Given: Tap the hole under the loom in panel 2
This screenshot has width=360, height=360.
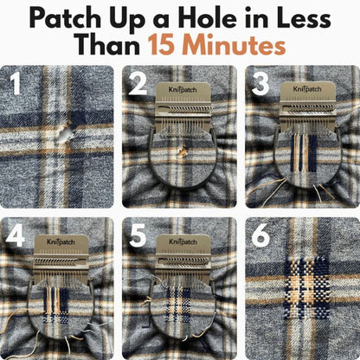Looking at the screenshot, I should pos(182,153).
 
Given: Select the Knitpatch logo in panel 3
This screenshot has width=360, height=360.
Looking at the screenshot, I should pos(305,89).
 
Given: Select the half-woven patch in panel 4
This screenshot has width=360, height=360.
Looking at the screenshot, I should pos(57,303).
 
